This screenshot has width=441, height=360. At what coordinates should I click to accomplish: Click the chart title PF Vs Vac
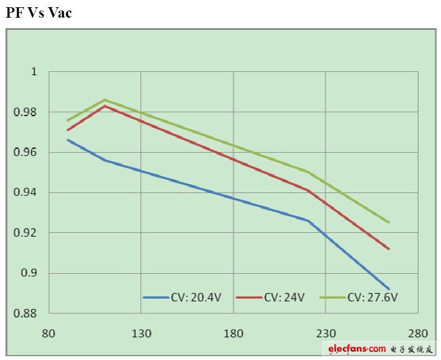point(39,12)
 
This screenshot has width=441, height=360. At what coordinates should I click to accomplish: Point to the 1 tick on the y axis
point(33,72)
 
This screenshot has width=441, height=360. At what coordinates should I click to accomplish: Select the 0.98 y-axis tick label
point(27,112)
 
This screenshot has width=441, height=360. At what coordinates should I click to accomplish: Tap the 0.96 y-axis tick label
point(27,153)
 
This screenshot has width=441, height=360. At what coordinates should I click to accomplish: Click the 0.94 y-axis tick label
point(27,193)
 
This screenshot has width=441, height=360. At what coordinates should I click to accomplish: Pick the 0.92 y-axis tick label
point(27,233)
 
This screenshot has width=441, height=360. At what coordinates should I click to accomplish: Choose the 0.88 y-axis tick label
point(27,314)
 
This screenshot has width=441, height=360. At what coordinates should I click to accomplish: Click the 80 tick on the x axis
point(49,333)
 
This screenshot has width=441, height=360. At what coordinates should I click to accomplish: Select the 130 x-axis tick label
point(141,333)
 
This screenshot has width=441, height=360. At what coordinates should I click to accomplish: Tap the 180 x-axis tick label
point(233,333)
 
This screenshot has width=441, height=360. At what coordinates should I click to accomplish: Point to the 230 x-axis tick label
point(325,333)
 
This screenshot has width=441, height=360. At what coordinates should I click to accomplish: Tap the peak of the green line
point(105,100)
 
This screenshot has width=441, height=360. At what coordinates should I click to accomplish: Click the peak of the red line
point(105,106)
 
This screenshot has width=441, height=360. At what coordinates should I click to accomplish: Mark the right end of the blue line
point(390,289)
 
